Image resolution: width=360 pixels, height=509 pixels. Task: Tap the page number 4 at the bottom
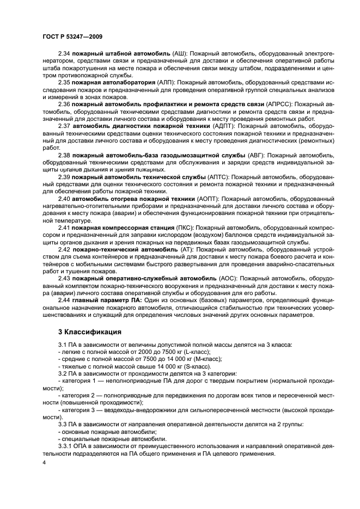tap(44, 463)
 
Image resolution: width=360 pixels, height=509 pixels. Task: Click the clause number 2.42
tap(65, 249)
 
